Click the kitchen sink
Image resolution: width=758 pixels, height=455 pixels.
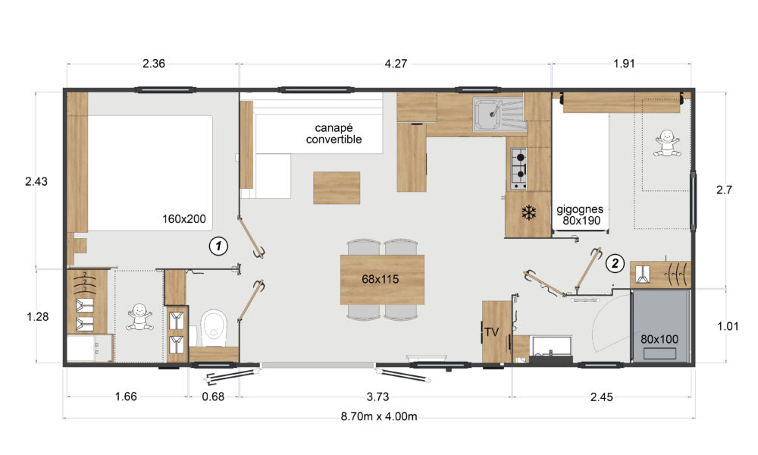pyautogui.click(x=499, y=114)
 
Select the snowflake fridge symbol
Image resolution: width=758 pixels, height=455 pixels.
pyautogui.click(x=529, y=212)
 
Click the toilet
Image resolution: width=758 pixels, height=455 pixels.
pyautogui.click(x=214, y=328)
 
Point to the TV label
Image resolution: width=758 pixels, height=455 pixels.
pyautogui.click(x=492, y=332)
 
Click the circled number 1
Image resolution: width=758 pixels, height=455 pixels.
pyautogui.click(x=218, y=246)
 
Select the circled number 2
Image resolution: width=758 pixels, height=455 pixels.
pyautogui.click(x=615, y=264)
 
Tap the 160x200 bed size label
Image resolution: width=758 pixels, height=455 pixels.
pyautogui.click(x=183, y=219)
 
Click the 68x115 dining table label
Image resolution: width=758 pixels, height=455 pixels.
pyautogui.click(x=381, y=279)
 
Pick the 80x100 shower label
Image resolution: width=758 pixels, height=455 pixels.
pyautogui.click(x=659, y=340)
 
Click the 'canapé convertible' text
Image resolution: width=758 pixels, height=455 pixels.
pyautogui.click(x=334, y=134)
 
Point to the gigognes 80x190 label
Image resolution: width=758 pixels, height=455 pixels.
pyautogui.click(x=580, y=215)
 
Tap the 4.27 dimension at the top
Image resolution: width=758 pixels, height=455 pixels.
pyautogui.click(x=396, y=64)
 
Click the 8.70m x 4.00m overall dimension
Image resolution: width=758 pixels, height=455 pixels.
pyautogui.click(x=379, y=416)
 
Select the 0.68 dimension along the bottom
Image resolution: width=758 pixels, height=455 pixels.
pyautogui.click(x=213, y=397)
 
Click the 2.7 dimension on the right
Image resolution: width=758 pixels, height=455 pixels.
pyautogui.click(x=724, y=190)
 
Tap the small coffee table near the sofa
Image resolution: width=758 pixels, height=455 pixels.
pyautogui.click(x=337, y=187)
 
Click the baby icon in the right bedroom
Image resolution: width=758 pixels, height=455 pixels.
pyautogui.click(x=667, y=143)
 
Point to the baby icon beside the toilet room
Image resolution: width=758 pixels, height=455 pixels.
pyautogui.click(x=139, y=317)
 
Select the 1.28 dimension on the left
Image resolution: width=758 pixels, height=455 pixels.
pyautogui.click(x=38, y=317)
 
